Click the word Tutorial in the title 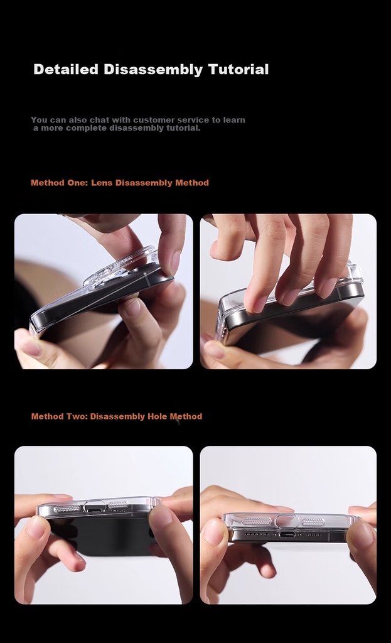coord(238,69)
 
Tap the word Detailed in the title coord(66,69)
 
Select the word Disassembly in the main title coord(153,70)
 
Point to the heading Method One coord(59,183)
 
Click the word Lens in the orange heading coord(102,183)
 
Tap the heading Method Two coord(60,416)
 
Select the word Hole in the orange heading coord(157,416)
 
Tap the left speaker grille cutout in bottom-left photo coord(67,509)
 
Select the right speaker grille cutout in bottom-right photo coord(313,522)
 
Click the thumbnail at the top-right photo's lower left coord(214,349)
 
